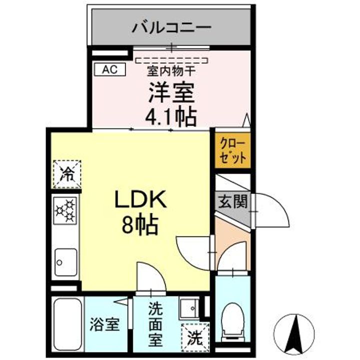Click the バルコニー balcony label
(171, 26)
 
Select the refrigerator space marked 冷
(67, 174)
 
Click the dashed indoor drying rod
(171, 60)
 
